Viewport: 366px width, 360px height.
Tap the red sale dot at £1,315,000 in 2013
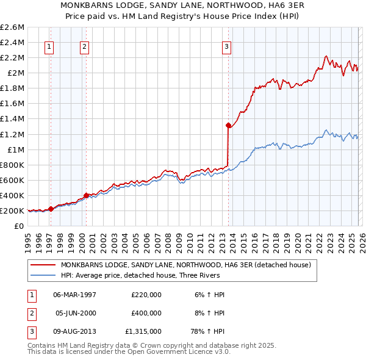click(228, 125)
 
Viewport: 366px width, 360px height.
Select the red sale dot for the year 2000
click(86, 195)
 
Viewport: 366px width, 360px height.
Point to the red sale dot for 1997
click(51, 209)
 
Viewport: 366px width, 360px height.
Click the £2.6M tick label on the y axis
click(12, 27)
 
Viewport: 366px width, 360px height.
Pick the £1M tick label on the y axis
click(15, 149)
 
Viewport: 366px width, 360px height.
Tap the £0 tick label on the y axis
click(20, 226)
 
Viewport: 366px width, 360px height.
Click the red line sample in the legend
click(43, 265)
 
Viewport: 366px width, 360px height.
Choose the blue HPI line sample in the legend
click(43, 275)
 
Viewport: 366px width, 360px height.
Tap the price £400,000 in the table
click(146, 313)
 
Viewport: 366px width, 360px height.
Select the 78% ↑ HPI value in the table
click(210, 331)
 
